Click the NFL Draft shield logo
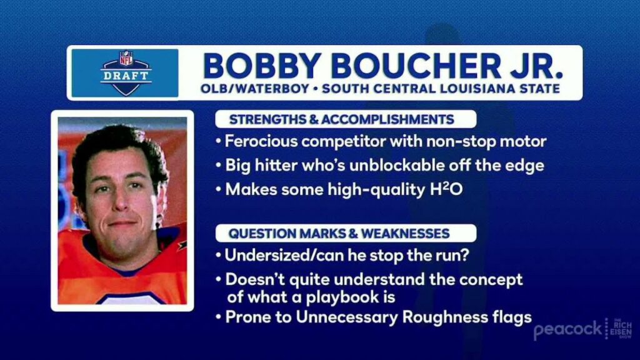[x=126, y=73]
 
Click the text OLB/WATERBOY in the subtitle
[x=255, y=89]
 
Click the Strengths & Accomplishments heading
[x=342, y=119]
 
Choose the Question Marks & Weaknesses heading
[x=339, y=234]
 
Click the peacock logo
[x=567, y=329]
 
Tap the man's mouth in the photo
[x=121, y=224]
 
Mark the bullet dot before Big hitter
[x=219, y=166]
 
